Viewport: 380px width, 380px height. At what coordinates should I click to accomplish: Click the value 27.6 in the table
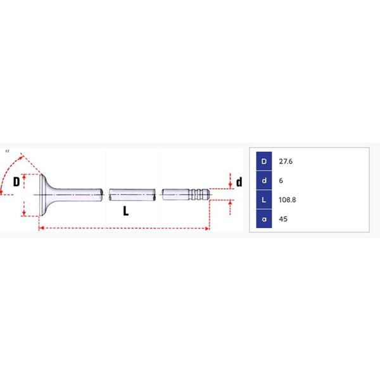pos(286,161)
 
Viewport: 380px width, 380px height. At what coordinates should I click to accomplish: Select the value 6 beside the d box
pos(281,180)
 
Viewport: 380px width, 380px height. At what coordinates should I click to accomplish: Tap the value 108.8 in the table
pos(287,199)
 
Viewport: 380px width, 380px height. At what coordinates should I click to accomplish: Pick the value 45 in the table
pos(283,219)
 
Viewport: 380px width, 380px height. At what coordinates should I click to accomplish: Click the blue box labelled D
pos(264,161)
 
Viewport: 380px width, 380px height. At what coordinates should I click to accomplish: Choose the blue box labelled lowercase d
pos(264,180)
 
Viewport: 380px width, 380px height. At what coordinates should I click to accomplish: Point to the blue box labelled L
pos(264,199)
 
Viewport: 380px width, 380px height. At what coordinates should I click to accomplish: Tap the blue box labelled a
pos(264,219)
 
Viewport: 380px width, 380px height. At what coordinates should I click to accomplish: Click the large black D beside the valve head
pos(16,182)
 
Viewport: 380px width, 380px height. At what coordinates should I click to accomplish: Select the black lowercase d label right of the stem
pos(239,182)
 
